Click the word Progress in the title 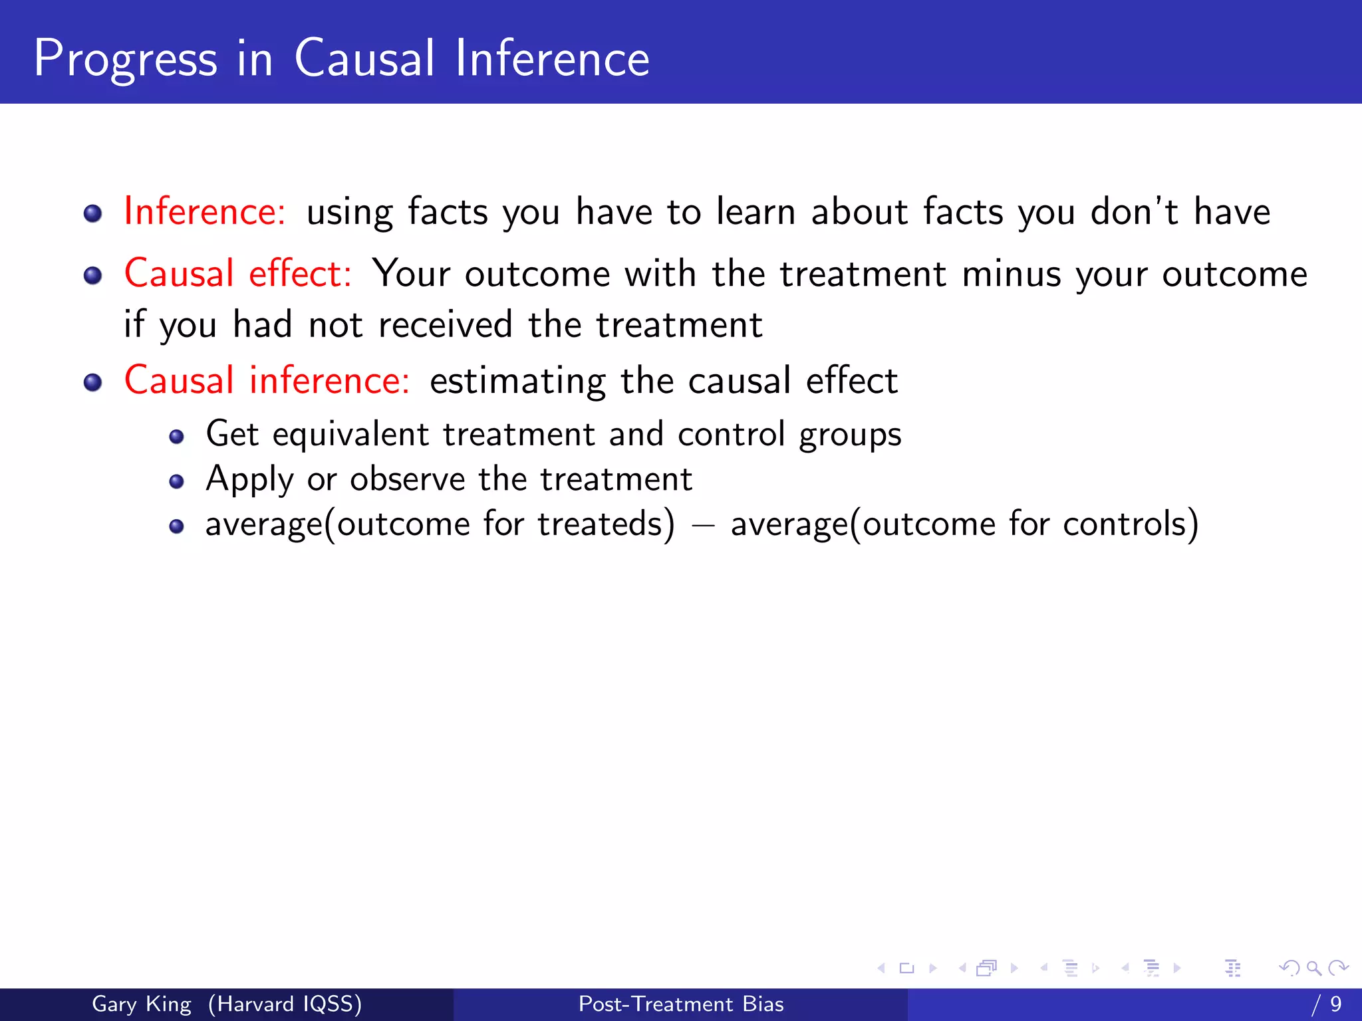tap(125, 60)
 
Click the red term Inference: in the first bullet tap(205, 212)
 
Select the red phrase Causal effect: tap(237, 274)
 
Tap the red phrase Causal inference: tap(267, 381)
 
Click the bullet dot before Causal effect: tap(93, 276)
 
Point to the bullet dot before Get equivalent tap(176, 437)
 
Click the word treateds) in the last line tap(606, 524)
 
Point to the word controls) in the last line tap(1131, 524)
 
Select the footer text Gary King tap(141, 1004)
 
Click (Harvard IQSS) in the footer tap(285, 1004)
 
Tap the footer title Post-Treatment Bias tap(681, 1004)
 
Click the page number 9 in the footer tap(1335, 1004)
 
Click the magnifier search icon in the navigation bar tap(1313, 968)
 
